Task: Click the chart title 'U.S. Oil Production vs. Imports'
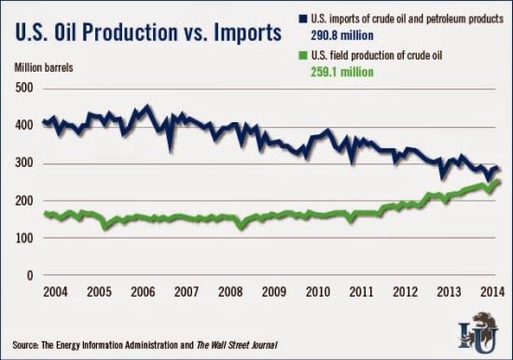(148, 33)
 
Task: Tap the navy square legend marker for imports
(303, 19)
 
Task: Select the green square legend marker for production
(303, 56)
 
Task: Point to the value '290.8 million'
(342, 35)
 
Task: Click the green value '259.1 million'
(342, 72)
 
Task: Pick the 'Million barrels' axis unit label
(44, 68)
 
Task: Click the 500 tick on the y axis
(24, 88)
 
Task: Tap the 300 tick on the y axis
(24, 163)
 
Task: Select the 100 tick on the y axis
(24, 238)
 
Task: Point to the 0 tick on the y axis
(30, 275)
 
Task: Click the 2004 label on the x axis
(55, 292)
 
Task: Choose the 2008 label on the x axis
(230, 292)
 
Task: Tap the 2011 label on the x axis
(361, 292)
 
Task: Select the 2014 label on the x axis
(492, 292)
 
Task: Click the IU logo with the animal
(478, 333)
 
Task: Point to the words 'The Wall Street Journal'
(237, 345)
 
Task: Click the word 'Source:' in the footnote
(26, 345)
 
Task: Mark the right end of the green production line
(498, 181)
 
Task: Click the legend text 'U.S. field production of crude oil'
(377, 56)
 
